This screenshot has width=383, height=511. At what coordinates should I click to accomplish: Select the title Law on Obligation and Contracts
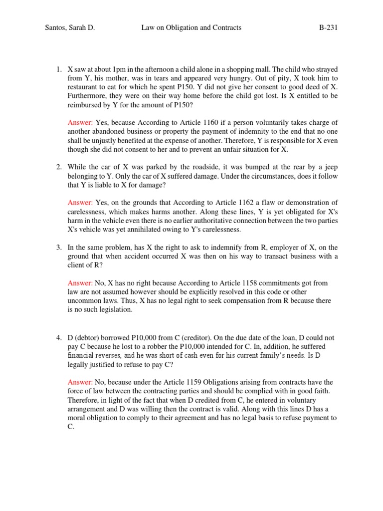point(191,27)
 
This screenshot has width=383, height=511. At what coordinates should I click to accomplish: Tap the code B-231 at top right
point(329,27)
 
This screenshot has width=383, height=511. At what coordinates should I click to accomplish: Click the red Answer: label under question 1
point(80,122)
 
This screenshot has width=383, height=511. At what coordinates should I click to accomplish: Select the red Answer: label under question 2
point(80,203)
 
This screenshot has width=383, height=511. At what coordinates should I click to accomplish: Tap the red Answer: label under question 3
point(80,283)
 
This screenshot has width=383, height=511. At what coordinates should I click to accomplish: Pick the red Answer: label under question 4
point(80,382)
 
